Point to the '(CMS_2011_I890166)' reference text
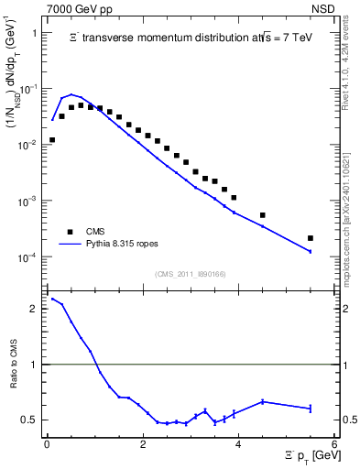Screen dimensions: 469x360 190,274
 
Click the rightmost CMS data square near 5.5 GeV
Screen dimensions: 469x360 311,238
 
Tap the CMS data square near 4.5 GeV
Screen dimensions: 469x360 263,215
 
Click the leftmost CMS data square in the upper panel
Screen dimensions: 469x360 52,140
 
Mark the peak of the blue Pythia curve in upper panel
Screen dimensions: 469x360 71,94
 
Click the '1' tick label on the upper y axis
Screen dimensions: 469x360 34,33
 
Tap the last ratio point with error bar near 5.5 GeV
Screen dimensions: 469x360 311,408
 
